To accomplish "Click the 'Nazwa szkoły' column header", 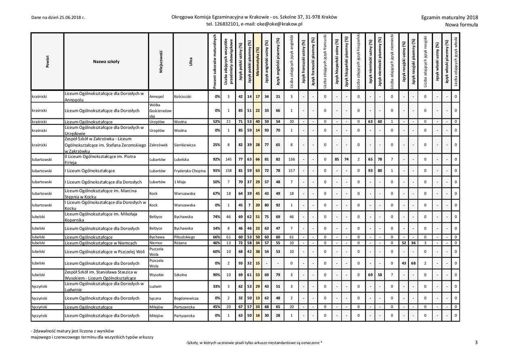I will pos(106,62).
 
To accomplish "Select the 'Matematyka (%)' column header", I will pos(258,61).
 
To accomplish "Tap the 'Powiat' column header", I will pos(47,62).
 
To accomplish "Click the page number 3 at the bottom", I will pos(476,343).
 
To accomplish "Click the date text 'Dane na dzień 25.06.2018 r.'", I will pos(58,18).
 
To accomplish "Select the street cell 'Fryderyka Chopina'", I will pos(189,171).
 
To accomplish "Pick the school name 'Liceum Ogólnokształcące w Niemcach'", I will pos(101,243).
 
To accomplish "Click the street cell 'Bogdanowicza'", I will pos(186,298).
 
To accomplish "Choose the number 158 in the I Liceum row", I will pos(228,171).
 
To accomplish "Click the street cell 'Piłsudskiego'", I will pos(184,237).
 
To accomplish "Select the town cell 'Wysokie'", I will pos(156,275).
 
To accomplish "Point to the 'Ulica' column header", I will pos(190,62).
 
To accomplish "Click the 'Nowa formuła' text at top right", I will pos(461,25).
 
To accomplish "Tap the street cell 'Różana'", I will pos(181,243).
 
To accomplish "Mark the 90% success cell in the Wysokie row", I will pos(216,275).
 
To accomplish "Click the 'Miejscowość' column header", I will pos(161,62).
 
